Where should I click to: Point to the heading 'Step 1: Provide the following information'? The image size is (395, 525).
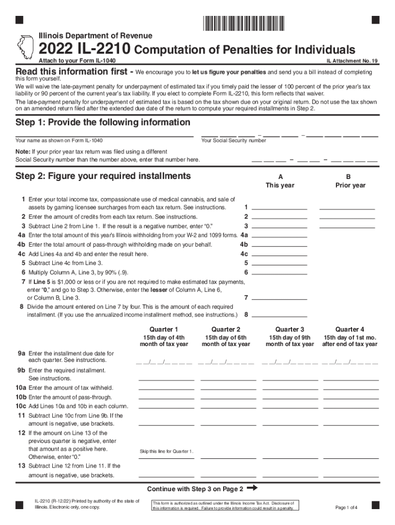103,123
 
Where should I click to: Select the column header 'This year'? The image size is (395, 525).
280,185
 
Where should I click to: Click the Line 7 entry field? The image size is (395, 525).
280,297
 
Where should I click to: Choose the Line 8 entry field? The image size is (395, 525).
280,314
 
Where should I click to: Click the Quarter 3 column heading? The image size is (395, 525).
289,329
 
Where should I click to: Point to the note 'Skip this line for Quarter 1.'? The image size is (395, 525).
167,451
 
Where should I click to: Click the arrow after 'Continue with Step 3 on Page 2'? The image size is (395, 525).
252,488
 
